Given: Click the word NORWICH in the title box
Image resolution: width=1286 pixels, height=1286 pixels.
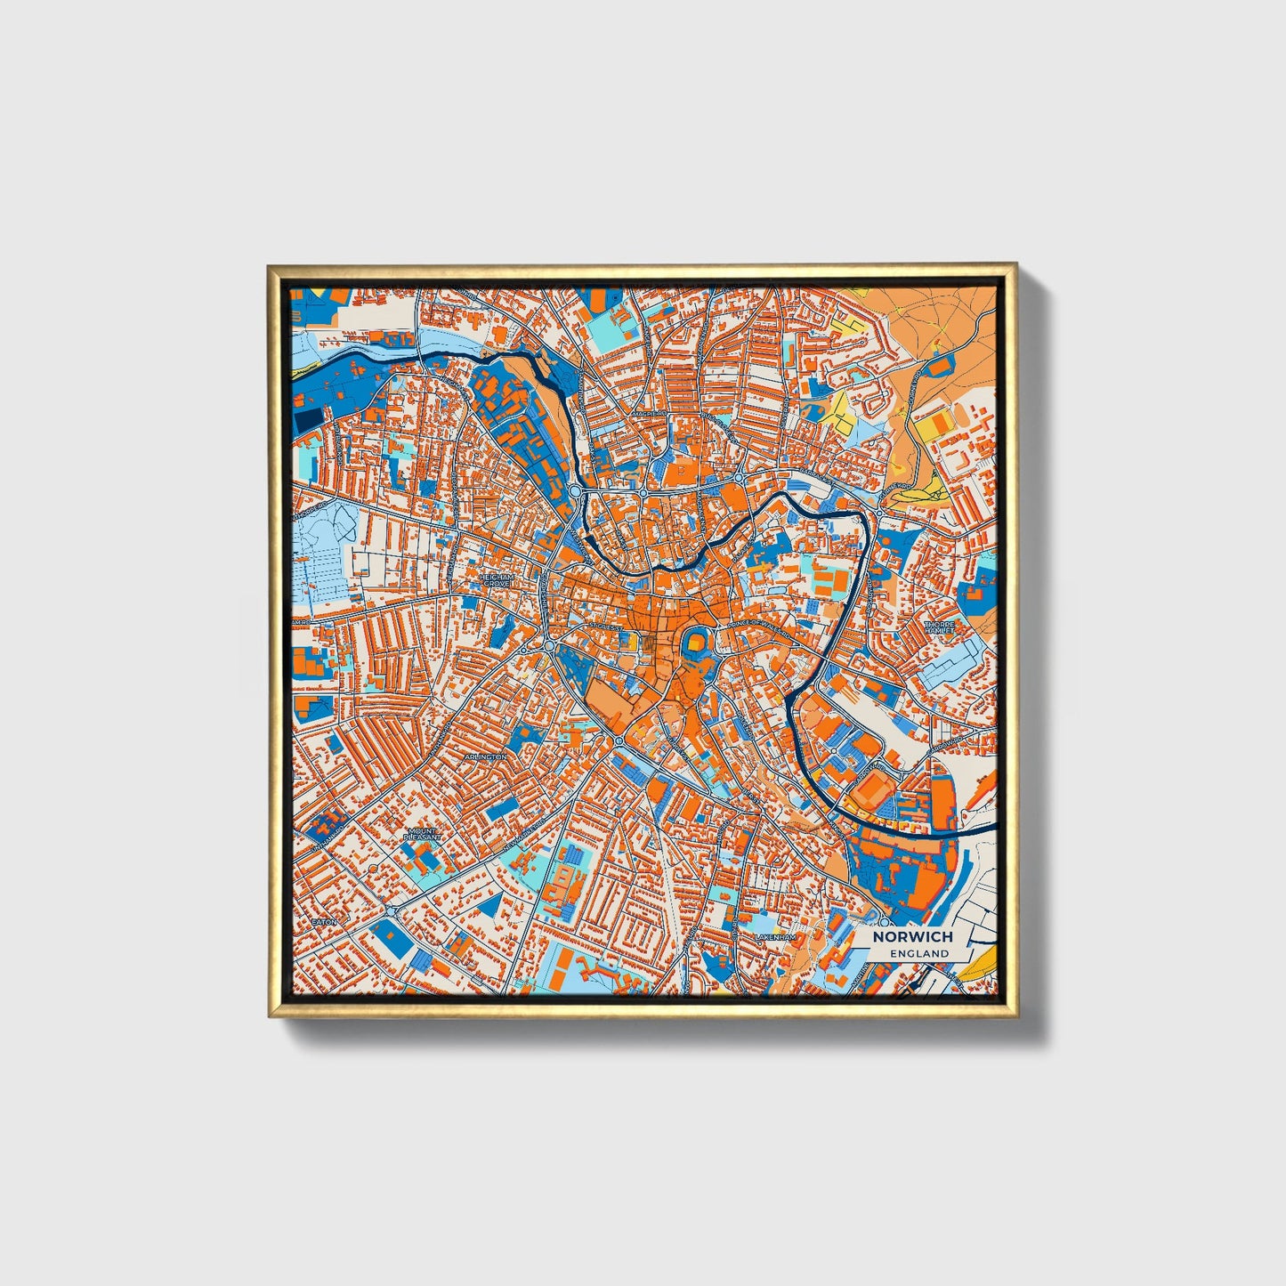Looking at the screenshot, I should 912,936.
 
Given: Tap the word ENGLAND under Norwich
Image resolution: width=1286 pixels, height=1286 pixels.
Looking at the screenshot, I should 919,953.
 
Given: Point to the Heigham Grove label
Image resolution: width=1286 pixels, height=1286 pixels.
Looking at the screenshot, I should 497,579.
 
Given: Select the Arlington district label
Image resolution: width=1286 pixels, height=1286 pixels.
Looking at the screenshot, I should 486,756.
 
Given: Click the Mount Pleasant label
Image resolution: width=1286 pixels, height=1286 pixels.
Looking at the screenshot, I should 419,834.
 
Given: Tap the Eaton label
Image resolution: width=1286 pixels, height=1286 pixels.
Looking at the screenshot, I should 325,922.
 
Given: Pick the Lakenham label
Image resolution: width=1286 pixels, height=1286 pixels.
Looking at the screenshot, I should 773,938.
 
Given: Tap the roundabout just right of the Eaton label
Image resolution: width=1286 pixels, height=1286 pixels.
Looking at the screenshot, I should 391,910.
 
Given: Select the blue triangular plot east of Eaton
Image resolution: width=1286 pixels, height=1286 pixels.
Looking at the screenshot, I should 490,906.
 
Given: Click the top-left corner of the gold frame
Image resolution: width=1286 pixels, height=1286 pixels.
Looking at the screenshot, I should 269,265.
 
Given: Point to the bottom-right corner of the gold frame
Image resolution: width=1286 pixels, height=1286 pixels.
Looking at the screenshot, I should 1015,1016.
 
